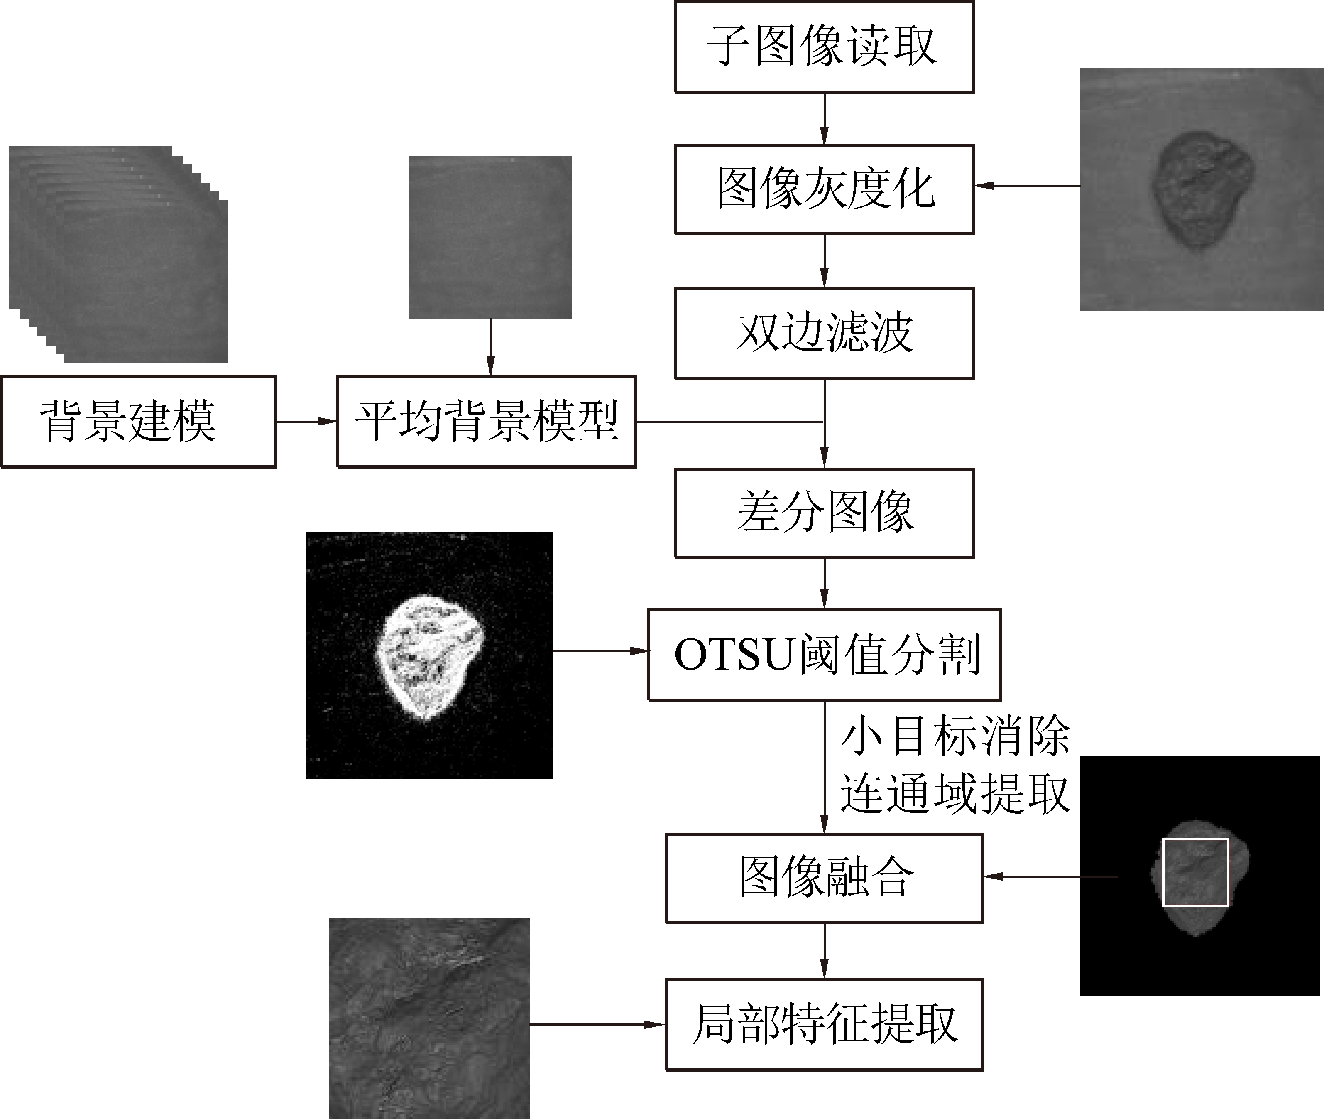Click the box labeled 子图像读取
point(824,47)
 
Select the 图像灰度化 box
point(824,189)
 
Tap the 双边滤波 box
point(824,334)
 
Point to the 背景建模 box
point(138,421)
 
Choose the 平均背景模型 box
point(486,421)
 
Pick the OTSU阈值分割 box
point(824,655)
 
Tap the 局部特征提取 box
point(824,1024)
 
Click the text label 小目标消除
point(955,736)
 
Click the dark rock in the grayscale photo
point(1200,189)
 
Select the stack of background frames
point(118,254)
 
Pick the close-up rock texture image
point(429,1018)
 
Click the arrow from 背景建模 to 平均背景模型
point(306,421)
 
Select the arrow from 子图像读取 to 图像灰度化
point(824,119)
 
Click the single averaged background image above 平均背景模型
point(490,237)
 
